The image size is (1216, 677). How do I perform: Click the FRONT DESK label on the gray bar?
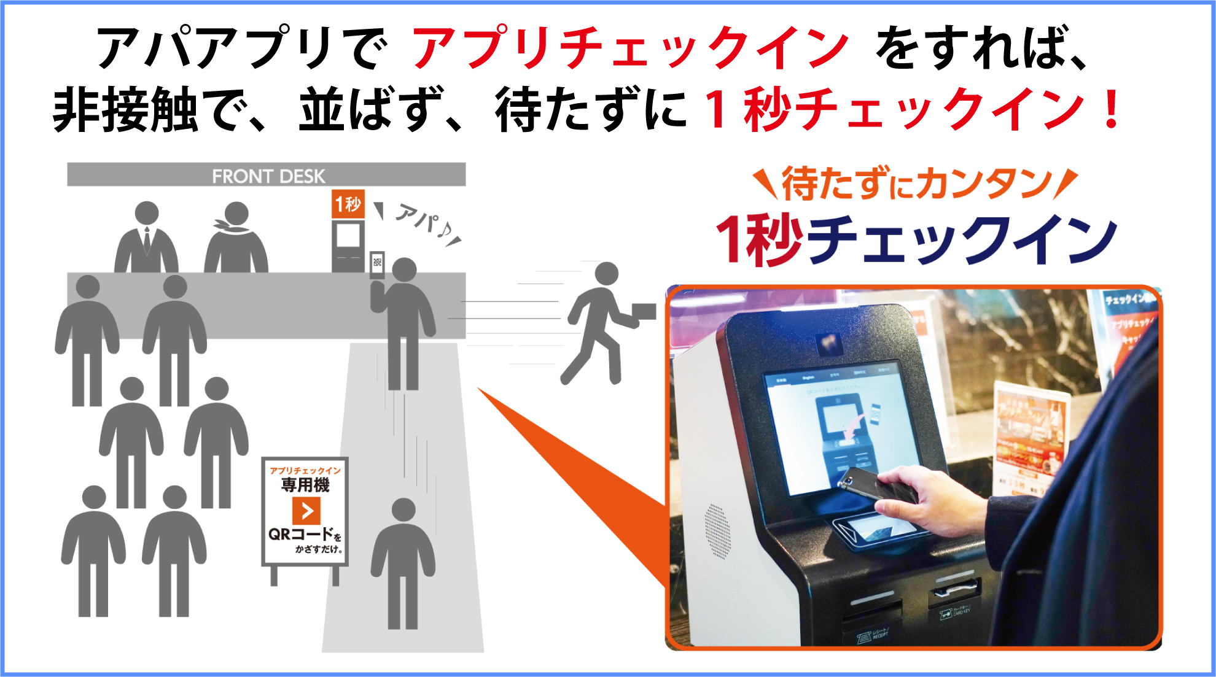coord(268,176)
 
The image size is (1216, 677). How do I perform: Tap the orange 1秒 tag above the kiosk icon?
coord(348,204)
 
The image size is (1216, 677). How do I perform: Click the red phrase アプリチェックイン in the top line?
coord(629,48)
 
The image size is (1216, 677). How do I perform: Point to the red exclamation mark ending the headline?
coord(1110,109)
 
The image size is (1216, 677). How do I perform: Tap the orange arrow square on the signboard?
coord(306,511)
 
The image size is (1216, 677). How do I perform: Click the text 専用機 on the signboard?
coord(305,486)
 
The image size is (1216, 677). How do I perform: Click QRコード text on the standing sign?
coord(301,534)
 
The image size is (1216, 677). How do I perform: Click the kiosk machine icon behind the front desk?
coord(348,246)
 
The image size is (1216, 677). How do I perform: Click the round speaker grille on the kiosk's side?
coord(717,531)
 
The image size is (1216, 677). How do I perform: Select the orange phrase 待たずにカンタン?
coord(915,184)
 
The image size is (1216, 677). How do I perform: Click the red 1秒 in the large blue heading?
coord(760,239)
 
